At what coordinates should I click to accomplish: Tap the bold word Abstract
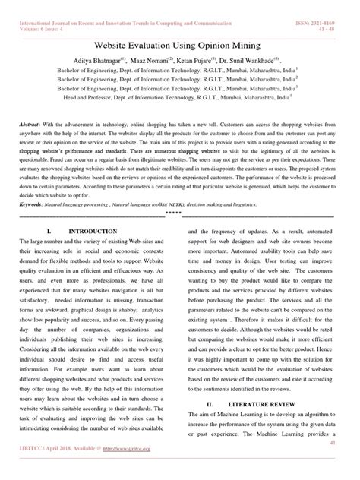point(31,122)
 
